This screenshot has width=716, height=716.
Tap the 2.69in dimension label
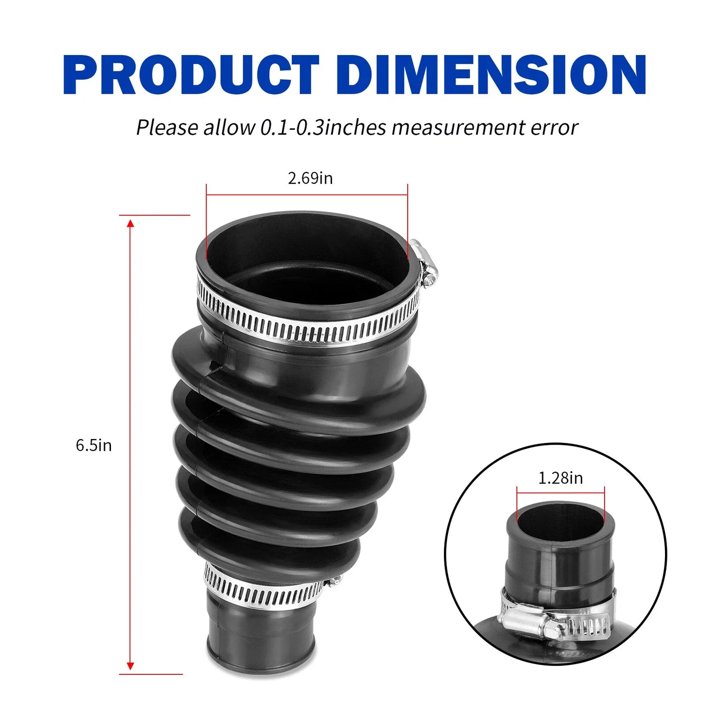(x=310, y=178)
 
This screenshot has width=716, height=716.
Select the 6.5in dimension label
(x=94, y=445)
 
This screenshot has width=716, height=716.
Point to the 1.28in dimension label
(x=561, y=478)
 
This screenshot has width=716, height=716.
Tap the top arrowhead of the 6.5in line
(x=130, y=223)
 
